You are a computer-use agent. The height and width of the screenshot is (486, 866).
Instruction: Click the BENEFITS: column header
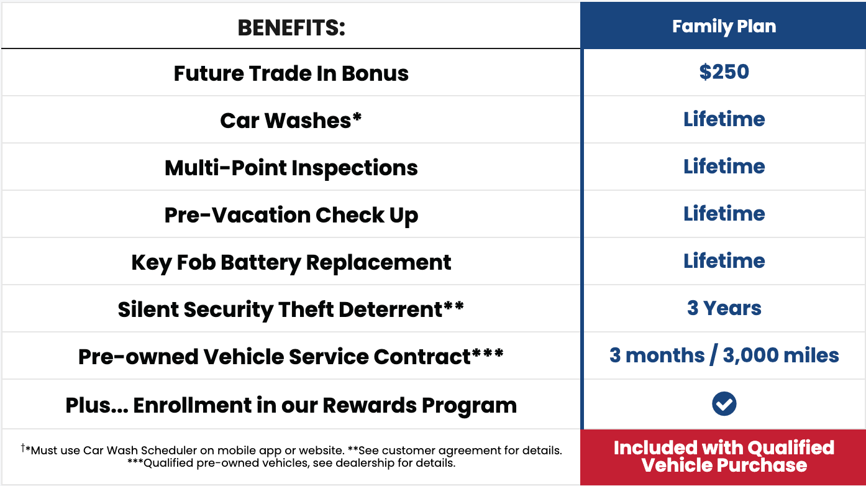[x=291, y=27]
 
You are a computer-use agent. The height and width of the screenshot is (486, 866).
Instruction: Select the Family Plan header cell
[x=724, y=27]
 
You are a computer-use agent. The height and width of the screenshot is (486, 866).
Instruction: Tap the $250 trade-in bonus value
[x=724, y=72]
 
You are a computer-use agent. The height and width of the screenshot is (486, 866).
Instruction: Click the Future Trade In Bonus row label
[x=291, y=73]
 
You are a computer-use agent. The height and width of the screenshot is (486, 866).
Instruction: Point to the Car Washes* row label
[x=291, y=121]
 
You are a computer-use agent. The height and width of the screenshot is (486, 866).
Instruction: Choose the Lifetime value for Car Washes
[x=724, y=119]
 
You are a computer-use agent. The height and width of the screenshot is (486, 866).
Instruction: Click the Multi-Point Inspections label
[x=291, y=168]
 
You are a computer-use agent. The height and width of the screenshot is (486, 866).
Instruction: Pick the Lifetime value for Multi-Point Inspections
[x=724, y=167]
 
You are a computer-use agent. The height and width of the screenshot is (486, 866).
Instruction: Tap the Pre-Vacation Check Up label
[x=291, y=215]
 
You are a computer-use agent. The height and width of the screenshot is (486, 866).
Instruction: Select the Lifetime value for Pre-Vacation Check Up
[x=724, y=214]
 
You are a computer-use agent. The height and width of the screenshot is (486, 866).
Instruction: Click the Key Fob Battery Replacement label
[x=291, y=262]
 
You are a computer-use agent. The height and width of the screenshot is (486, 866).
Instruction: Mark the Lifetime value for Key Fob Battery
[x=724, y=261]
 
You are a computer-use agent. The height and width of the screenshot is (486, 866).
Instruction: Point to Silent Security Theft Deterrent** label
[x=291, y=309]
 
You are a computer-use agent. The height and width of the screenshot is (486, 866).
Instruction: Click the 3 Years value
[x=724, y=308]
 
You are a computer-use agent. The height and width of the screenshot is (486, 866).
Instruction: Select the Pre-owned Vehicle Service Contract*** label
[x=291, y=357]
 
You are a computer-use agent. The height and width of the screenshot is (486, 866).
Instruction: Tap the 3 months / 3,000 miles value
[x=724, y=355]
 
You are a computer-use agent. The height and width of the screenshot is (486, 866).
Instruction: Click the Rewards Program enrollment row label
[x=291, y=405]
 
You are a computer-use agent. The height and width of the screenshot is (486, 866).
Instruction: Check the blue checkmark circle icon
[x=724, y=404]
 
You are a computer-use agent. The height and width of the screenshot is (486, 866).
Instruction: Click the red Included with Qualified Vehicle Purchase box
[x=724, y=457]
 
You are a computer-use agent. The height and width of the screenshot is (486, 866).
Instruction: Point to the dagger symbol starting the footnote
[x=23, y=447]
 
